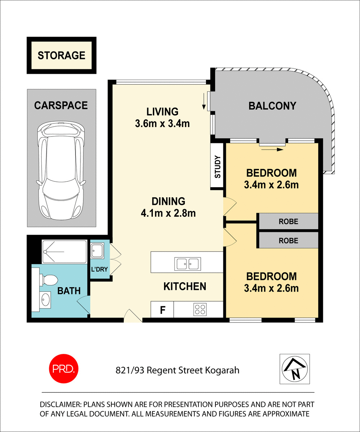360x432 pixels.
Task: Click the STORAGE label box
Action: (61, 55)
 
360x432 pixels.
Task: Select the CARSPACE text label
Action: (61, 105)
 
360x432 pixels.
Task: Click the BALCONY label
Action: (272, 106)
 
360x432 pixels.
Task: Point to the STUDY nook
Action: (217, 166)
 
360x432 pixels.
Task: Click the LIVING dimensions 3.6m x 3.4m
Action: (162, 124)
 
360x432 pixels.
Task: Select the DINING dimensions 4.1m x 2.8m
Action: (168, 213)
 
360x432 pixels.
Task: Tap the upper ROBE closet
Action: (288, 221)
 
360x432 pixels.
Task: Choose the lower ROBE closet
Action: (288, 240)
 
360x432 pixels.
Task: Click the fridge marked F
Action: (162, 310)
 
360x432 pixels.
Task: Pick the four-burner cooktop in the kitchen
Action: (200, 309)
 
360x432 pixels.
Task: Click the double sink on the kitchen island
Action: (187, 264)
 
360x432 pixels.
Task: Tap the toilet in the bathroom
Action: (49, 279)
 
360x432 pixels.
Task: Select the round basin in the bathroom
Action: (45, 299)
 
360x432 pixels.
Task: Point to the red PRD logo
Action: (63, 369)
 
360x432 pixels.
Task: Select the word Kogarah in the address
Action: (223, 370)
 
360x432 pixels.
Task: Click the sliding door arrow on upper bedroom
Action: (272, 149)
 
